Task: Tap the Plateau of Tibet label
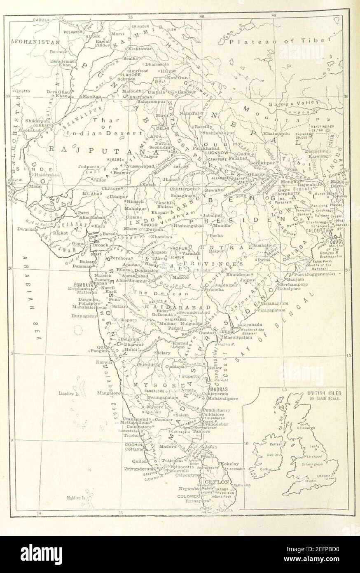tap(280, 42)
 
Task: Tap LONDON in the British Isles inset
tap(322, 476)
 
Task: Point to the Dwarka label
tap(25, 228)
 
